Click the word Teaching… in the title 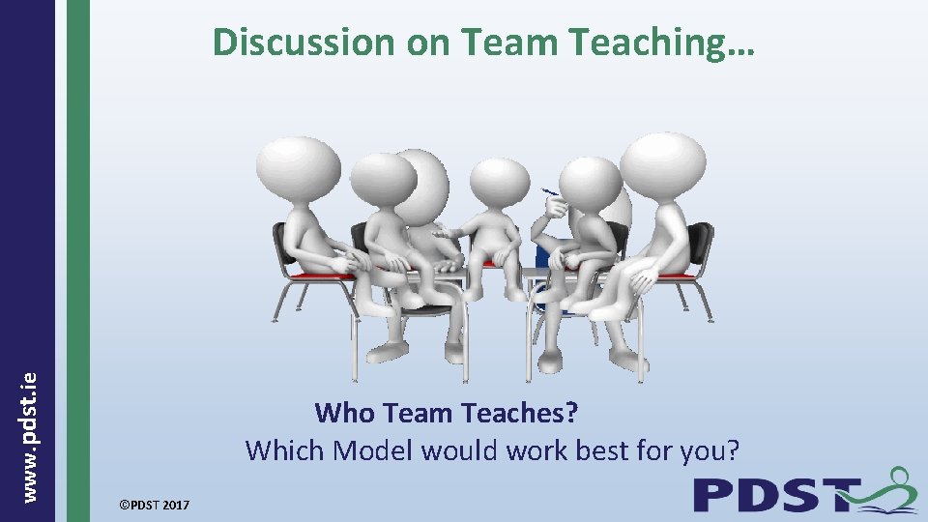[x=667, y=43]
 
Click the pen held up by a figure [x=549, y=189]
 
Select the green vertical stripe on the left [x=78, y=261]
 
